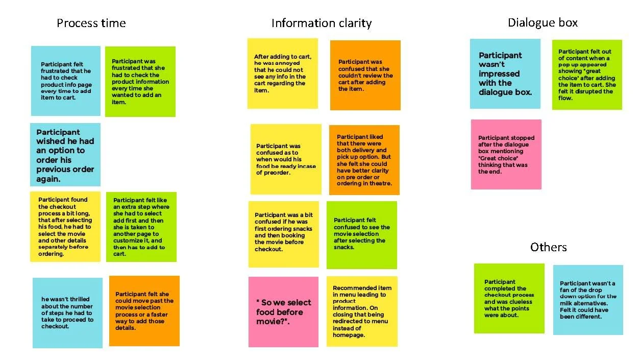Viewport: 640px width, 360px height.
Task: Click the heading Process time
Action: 91,23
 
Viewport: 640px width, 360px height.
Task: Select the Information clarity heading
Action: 321,23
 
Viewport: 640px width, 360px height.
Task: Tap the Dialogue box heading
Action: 543,22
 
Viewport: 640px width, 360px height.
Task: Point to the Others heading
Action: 548,247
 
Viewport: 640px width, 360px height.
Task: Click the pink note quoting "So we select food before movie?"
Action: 283,311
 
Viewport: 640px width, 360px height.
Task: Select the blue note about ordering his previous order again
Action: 65,155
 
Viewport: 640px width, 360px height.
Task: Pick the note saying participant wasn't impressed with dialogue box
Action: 505,74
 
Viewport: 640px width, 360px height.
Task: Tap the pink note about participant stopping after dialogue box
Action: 506,154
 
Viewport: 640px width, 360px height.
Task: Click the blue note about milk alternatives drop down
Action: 588,300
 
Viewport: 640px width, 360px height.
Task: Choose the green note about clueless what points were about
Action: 509,298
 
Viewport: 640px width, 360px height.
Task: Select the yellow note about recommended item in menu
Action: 362,311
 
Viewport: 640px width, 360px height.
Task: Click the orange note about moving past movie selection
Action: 144,310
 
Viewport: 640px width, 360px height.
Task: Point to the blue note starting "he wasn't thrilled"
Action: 67,313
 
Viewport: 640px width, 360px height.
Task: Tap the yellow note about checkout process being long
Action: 65,226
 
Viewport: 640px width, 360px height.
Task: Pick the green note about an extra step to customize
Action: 141,227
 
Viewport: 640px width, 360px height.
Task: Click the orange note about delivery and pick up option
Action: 364,160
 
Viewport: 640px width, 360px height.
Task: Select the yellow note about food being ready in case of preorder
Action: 286,159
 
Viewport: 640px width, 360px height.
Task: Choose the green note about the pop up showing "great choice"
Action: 587,75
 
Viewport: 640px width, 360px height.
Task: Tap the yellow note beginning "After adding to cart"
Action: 283,73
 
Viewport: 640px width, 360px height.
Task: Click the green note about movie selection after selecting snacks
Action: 361,234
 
